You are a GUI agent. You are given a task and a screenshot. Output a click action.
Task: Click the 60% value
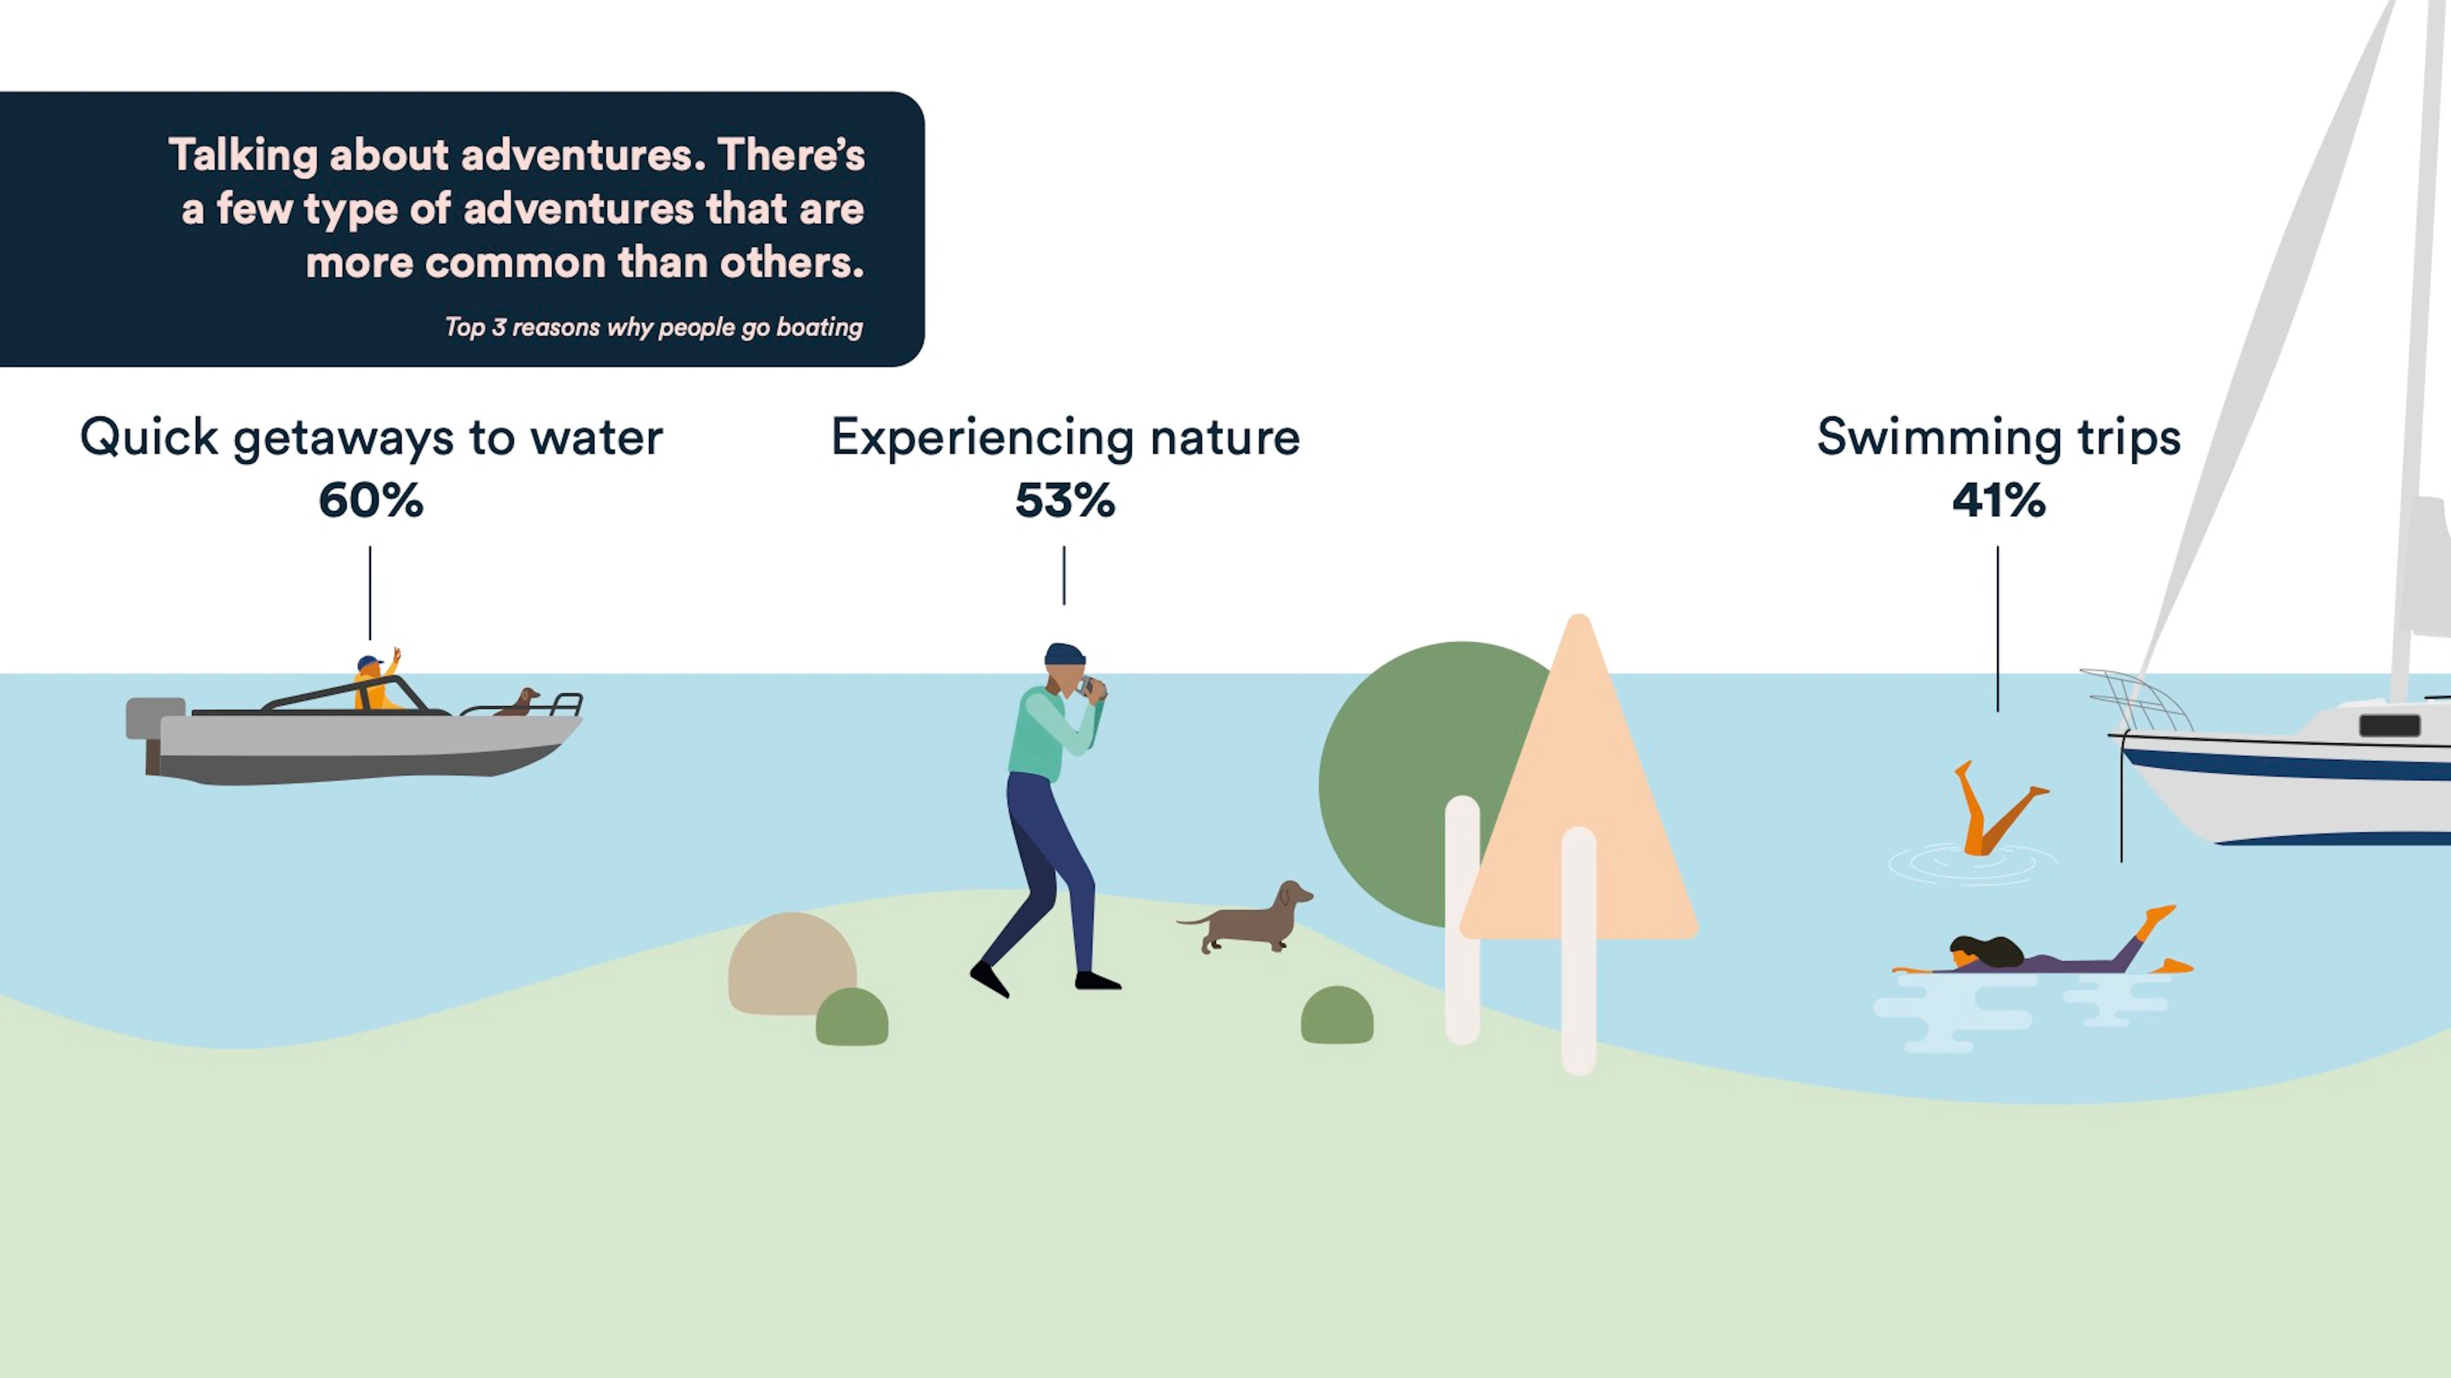(371, 500)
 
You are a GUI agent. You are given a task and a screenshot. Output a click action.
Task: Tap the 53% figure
(1065, 500)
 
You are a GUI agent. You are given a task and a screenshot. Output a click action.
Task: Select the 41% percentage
(1998, 500)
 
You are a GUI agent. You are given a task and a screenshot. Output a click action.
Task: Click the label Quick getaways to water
(371, 438)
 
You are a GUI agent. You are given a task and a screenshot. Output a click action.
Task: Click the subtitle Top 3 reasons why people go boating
(654, 328)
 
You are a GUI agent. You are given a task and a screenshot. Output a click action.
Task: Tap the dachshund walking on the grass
(1247, 918)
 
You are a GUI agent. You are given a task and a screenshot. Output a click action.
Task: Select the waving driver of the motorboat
(378, 680)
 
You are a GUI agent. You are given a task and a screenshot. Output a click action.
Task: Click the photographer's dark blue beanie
(1065, 655)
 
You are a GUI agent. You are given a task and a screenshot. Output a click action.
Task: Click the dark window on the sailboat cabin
(2389, 725)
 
